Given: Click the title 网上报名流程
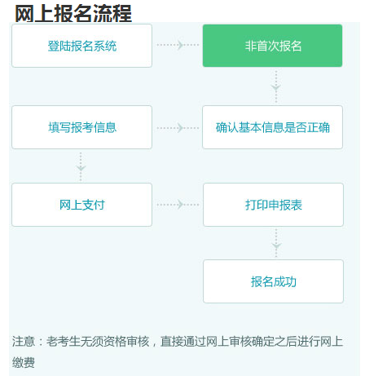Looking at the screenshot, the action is click(73, 13).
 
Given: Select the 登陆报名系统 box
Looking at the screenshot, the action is click(81, 46).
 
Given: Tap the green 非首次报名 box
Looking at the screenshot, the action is click(272, 46).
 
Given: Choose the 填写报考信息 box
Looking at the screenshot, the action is click(81, 127).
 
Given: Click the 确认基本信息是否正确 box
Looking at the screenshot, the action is click(272, 127).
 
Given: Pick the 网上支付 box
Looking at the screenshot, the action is click(81, 205).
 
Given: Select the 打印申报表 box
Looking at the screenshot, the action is click(273, 205).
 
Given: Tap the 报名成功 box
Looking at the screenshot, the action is click(273, 281).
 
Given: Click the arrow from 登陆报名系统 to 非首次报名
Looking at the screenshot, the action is click(178, 45).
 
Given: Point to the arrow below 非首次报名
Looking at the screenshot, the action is click(276, 86).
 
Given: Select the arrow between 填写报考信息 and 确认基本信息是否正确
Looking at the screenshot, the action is click(178, 128).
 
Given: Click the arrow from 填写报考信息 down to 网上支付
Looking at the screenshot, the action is click(81, 166).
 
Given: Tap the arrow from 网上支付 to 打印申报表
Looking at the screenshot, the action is click(178, 205).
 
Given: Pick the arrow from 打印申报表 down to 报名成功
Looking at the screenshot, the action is click(276, 244).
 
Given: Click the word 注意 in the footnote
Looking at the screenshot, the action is click(24, 342).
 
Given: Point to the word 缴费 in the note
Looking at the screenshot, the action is click(24, 362).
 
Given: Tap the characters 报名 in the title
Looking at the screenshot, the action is click(73, 13).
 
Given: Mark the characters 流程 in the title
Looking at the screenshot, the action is click(112, 13).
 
